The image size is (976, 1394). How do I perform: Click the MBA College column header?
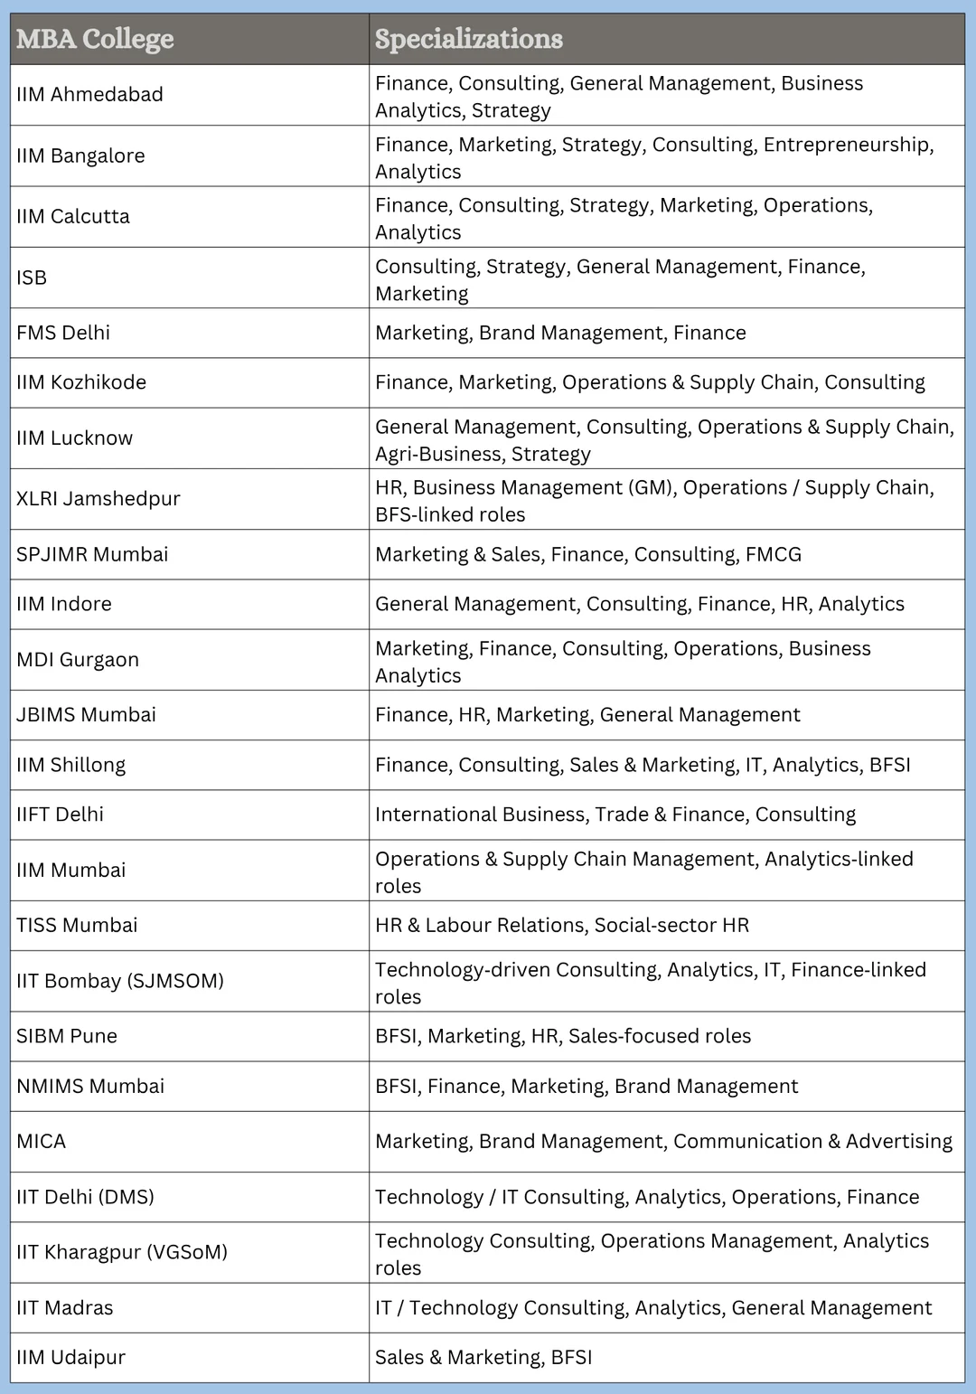tap(95, 39)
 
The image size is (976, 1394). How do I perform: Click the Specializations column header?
tap(469, 39)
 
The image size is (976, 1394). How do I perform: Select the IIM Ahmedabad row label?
tap(89, 95)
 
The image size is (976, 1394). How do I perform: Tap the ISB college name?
tap(32, 278)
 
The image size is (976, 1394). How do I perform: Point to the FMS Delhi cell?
tap(63, 333)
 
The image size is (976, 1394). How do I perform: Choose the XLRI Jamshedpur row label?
tap(99, 499)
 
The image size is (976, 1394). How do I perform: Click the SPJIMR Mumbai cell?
tap(92, 555)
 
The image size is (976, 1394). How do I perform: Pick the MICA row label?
tap(42, 1142)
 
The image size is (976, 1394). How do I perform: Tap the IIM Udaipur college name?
tap(70, 1358)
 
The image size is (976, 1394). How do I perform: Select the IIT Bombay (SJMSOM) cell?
tap(120, 981)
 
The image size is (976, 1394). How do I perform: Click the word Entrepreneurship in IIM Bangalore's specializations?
tap(847, 145)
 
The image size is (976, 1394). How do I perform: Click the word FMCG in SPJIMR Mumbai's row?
tap(774, 555)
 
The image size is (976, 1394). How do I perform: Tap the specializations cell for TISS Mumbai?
tap(562, 926)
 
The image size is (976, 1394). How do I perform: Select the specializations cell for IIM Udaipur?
tap(483, 1358)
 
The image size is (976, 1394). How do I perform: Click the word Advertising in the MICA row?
tap(898, 1142)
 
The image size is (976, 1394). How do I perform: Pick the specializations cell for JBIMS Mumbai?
tap(587, 715)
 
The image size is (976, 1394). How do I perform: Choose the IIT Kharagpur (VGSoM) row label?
tap(122, 1252)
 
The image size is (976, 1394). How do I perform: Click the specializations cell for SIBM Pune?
tap(563, 1036)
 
